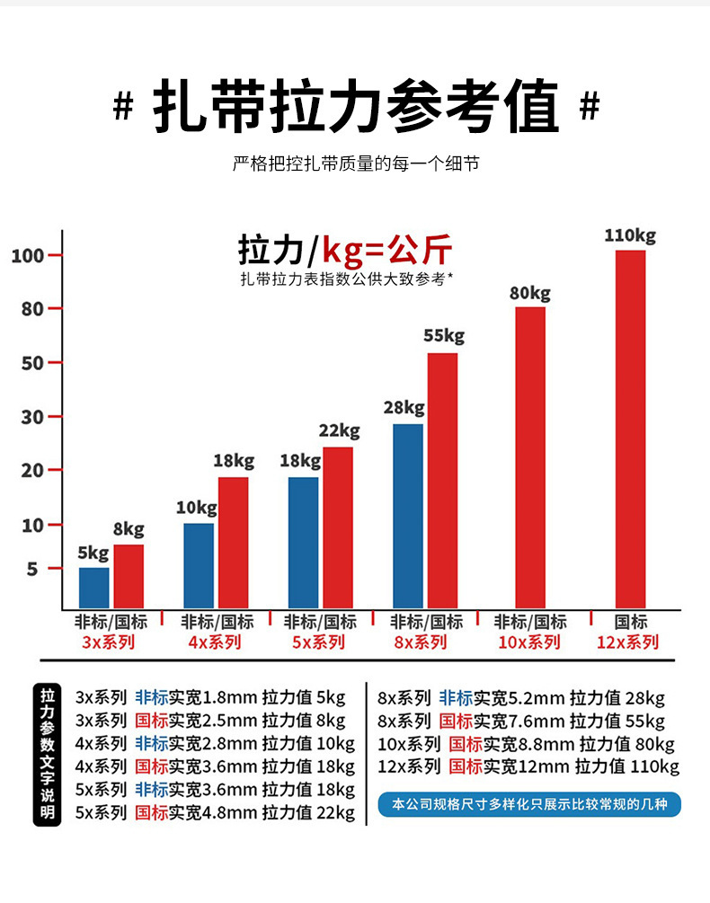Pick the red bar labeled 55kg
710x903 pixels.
[442, 480]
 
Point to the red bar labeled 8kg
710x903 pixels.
[129, 575]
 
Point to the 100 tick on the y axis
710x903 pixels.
[28, 256]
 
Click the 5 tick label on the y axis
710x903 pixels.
[32, 570]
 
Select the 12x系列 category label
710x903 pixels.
[627, 642]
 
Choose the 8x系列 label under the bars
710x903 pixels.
[420, 642]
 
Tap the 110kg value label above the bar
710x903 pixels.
[630, 236]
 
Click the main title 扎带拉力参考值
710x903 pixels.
[356, 106]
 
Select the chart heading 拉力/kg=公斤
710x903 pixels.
[345, 249]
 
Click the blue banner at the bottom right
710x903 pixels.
[529, 804]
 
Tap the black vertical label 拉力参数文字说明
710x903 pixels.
[48, 755]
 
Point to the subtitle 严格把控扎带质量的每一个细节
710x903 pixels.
[355, 164]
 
